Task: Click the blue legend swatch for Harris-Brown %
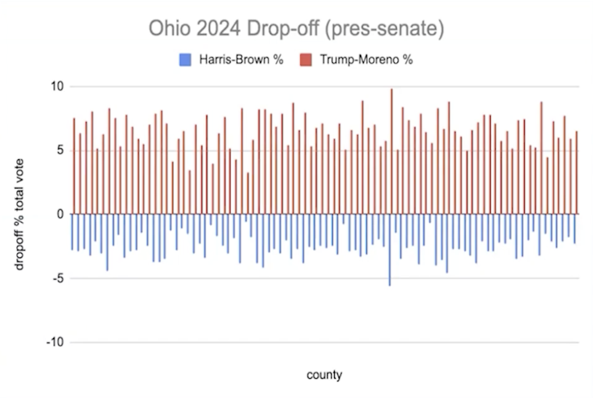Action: (x=185, y=60)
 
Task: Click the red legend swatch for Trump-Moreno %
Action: (x=306, y=60)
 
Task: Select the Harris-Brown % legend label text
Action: (x=241, y=60)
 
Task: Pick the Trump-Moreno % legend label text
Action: (x=366, y=60)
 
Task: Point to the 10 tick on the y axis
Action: (x=57, y=86)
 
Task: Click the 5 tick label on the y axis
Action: (x=60, y=150)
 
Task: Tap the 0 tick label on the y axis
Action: (x=60, y=214)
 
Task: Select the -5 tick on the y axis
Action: (x=58, y=278)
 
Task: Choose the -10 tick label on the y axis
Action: (x=55, y=343)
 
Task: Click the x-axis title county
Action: (x=324, y=375)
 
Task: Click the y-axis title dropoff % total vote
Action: (x=19, y=214)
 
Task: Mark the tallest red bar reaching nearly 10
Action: (x=391, y=152)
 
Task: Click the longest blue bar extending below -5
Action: (x=390, y=250)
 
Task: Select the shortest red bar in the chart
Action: (x=248, y=193)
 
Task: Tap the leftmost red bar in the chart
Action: (x=74, y=166)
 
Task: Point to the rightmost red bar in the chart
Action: (x=577, y=173)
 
